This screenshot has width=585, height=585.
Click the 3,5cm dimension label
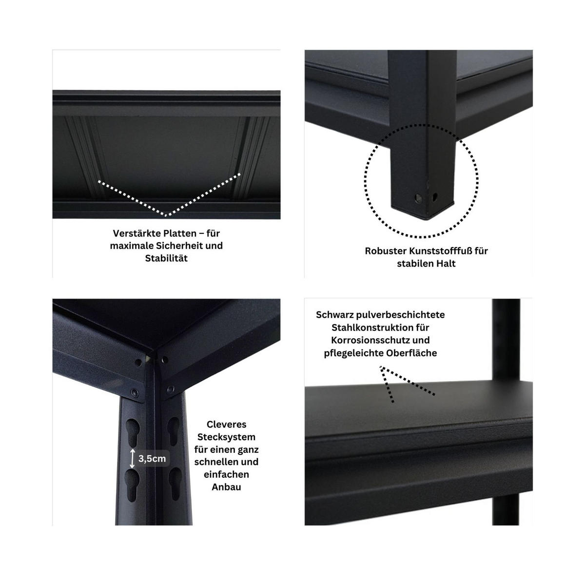click(152, 459)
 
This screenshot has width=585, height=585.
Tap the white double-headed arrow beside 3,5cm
click(133, 459)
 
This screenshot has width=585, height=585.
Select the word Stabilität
click(166, 258)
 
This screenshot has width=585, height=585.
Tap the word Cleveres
click(226, 425)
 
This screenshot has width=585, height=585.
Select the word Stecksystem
click(226, 437)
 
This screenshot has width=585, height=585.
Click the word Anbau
click(226, 487)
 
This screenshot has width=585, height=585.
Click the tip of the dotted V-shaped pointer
click(166, 215)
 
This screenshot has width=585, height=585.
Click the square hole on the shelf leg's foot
click(434, 198)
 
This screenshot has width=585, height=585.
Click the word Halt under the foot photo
click(445, 264)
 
